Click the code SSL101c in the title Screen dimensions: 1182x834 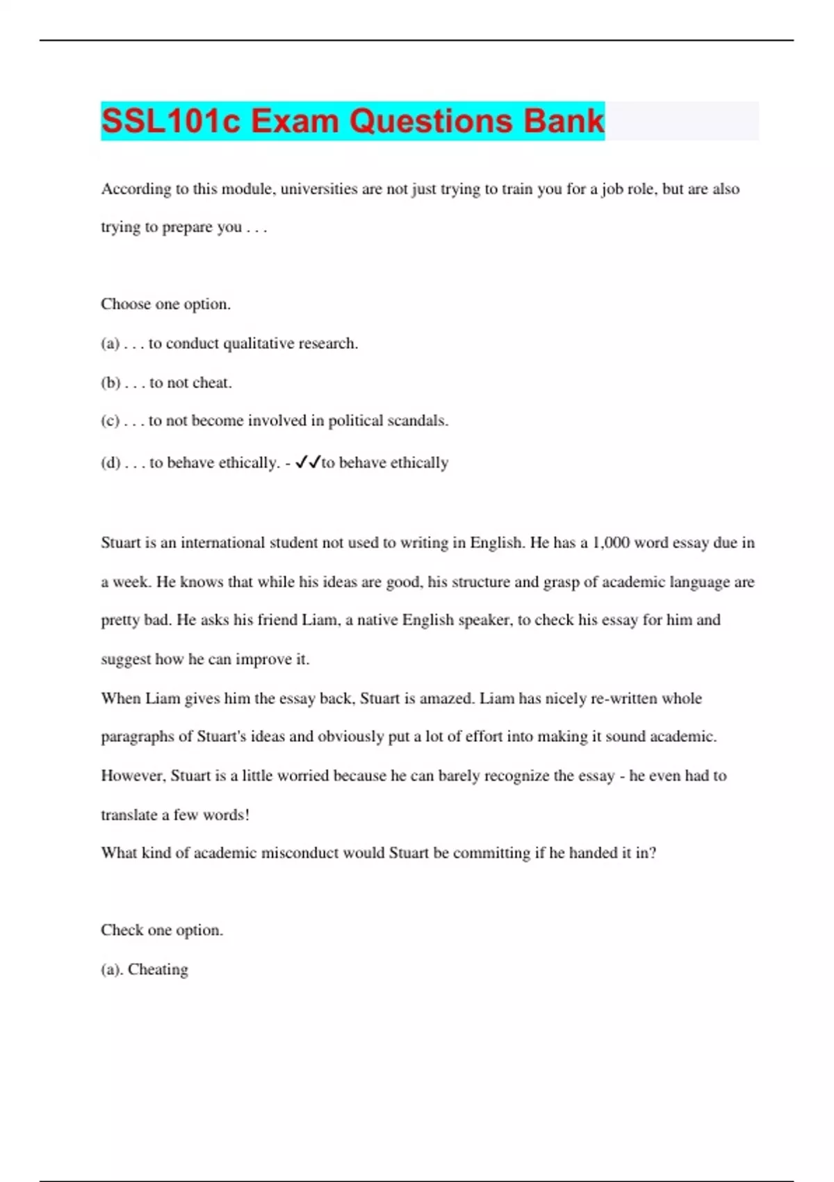171,121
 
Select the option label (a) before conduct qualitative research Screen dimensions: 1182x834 111,343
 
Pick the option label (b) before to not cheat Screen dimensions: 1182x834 111,382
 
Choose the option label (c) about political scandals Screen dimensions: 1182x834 111,421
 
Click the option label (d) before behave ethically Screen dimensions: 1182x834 111,463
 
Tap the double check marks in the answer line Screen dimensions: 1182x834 307,462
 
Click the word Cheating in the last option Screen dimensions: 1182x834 158,969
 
